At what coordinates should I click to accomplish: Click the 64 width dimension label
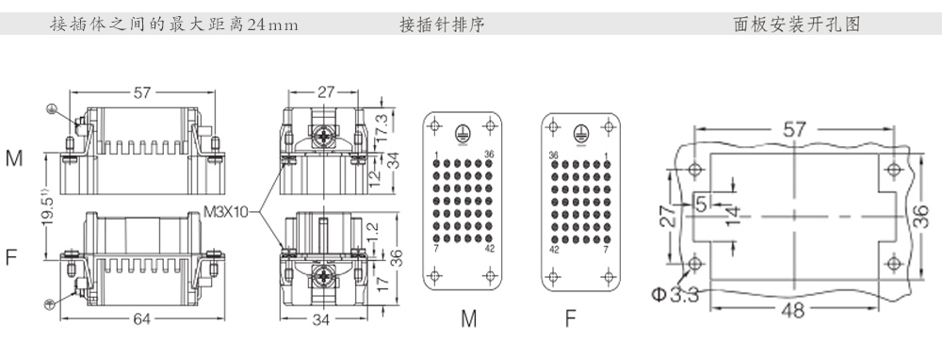point(142,319)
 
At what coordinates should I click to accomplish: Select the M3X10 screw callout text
point(225,212)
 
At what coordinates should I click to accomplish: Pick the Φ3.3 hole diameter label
point(675,295)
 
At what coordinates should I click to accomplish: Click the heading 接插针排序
point(442,25)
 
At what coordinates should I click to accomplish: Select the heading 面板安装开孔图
point(797,25)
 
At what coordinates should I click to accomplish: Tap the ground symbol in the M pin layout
point(462,133)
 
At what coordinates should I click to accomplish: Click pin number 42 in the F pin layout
point(554,250)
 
